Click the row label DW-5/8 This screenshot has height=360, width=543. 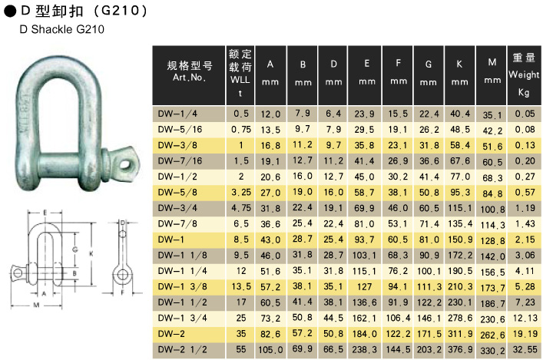pos(177,193)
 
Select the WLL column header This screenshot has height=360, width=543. pos(240,75)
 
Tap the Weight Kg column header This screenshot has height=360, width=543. pos(524,75)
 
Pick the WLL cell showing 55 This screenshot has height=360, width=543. pos(241,349)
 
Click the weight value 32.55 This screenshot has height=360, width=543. pos(525,349)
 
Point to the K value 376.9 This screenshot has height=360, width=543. pos(460,349)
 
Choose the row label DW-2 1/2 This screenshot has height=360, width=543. pos(183,349)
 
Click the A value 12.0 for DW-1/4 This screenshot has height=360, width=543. pos(270,114)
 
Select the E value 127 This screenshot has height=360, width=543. pos(364,287)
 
